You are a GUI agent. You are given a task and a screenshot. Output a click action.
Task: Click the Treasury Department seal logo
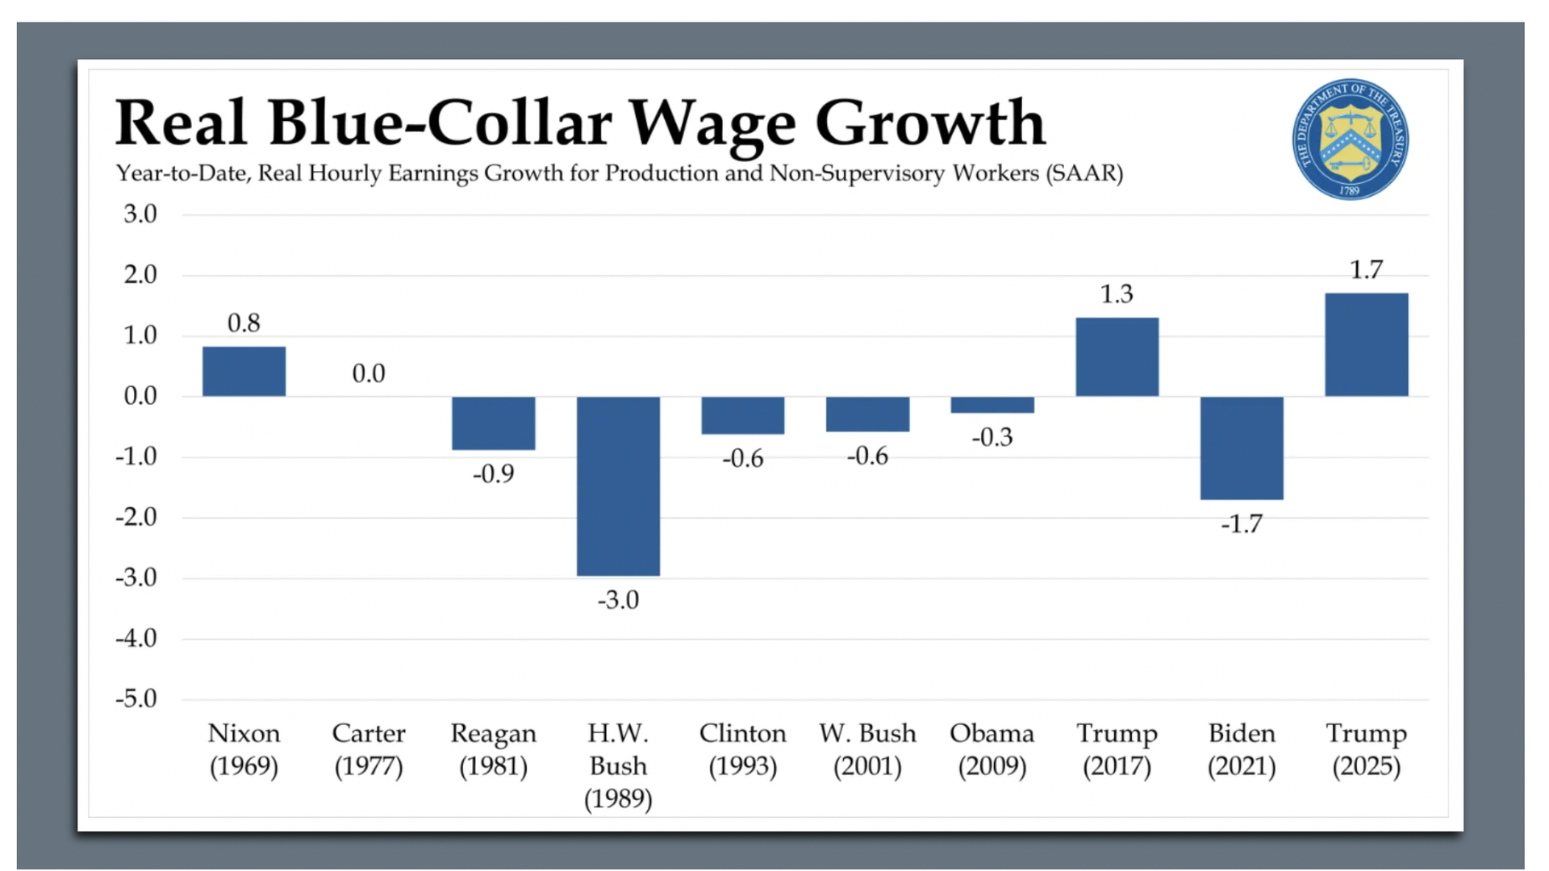[x=1350, y=139]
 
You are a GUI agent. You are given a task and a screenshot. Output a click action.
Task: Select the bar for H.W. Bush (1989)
[x=618, y=486]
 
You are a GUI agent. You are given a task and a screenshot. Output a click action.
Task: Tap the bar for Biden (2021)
[x=1241, y=448]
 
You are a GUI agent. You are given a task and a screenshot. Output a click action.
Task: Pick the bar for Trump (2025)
[x=1366, y=344]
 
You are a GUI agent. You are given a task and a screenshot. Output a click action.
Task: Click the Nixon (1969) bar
[x=244, y=371]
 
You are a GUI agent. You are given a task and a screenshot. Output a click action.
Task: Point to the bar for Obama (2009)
[x=992, y=404]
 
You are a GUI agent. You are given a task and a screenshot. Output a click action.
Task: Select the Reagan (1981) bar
[x=493, y=423]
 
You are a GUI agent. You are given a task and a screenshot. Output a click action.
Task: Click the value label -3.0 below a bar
[x=618, y=600]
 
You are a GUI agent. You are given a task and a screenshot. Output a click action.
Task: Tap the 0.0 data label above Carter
[x=369, y=373]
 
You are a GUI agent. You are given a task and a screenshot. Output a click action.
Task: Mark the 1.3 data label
[x=1117, y=294]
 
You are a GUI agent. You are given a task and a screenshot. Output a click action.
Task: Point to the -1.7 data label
[x=1241, y=524]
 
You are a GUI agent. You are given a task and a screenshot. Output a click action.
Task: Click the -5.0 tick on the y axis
[x=136, y=698]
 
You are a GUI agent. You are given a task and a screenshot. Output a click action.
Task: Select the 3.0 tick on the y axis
[x=140, y=215]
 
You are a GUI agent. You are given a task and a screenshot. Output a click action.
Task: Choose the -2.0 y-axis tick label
[x=136, y=517]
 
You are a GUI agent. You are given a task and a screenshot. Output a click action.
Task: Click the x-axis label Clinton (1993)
[x=742, y=749]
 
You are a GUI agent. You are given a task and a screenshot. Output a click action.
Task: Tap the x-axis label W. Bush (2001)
[x=867, y=749]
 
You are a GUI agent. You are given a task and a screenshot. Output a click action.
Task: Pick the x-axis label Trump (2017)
[x=1117, y=749]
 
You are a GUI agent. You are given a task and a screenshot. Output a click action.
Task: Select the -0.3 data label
[x=992, y=437]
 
